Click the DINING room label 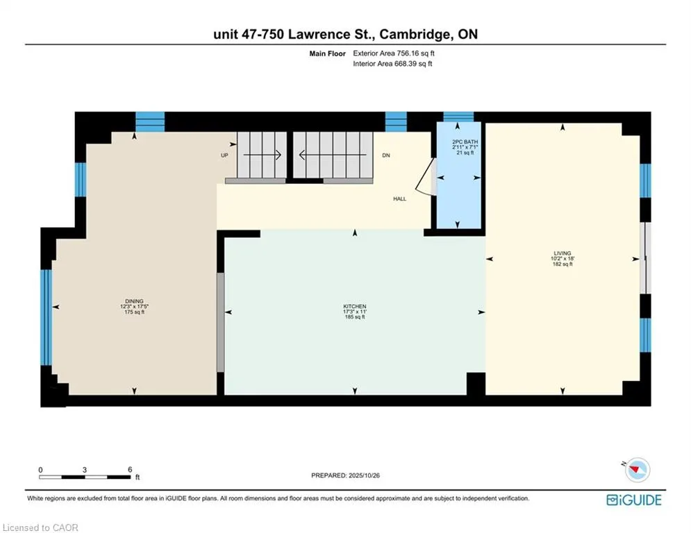pos(134,301)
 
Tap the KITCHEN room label pos(354,307)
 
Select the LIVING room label pos(562,253)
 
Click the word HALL pos(399,199)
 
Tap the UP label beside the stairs pos(224,155)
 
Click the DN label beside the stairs pos(386,155)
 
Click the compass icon pos(636,470)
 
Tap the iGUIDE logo pos(633,500)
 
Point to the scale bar pos(85,477)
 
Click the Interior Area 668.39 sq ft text pos(392,64)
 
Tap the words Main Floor pos(328,53)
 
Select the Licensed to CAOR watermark pos(41,527)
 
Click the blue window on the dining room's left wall pos(46,317)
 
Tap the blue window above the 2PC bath pos(458,117)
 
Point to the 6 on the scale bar pos(130,470)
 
